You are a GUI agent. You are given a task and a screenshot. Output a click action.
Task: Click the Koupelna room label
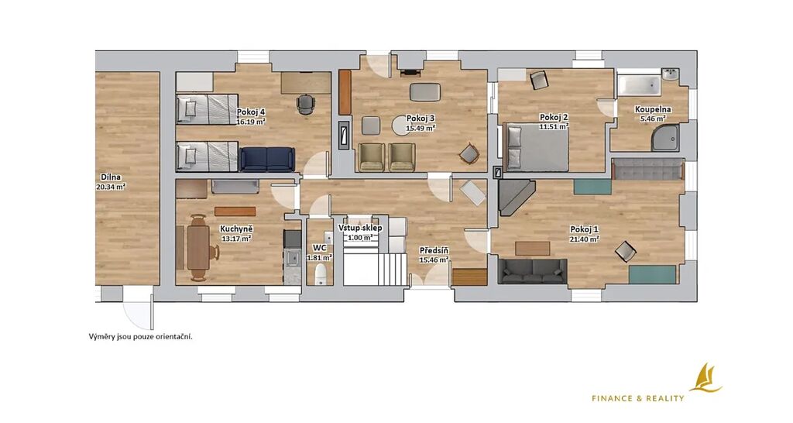[x=653, y=109]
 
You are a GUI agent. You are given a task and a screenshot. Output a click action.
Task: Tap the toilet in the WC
[x=321, y=274]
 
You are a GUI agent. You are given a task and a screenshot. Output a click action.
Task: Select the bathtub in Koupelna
[x=639, y=85]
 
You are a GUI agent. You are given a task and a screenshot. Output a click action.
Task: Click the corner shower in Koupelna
[x=665, y=138]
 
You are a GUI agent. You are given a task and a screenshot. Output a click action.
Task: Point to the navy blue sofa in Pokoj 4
[x=267, y=159]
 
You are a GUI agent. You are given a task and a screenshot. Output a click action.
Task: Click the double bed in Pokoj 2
[x=537, y=147]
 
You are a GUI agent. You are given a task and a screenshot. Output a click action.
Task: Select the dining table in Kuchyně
[x=198, y=247]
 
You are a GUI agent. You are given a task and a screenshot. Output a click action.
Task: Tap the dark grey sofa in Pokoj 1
[x=532, y=272]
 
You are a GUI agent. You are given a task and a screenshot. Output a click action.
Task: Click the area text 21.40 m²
[x=585, y=239]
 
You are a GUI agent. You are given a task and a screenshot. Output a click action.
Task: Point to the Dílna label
[x=111, y=177]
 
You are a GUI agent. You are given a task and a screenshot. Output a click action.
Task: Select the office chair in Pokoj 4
[x=305, y=105]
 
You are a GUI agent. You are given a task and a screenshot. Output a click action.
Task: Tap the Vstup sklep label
[x=360, y=229]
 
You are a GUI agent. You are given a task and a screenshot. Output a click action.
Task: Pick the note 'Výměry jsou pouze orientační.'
[x=141, y=336]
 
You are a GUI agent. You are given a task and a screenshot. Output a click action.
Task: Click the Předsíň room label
[x=434, y=251]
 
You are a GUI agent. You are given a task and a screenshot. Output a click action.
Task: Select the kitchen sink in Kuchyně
[x=293, y=259]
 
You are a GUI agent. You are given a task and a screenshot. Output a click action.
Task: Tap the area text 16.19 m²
[x=252, y=122]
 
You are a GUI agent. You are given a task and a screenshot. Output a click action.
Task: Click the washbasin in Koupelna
[x=671, y=75]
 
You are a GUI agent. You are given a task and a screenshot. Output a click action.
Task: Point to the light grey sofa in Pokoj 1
[x=647, y=170]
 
